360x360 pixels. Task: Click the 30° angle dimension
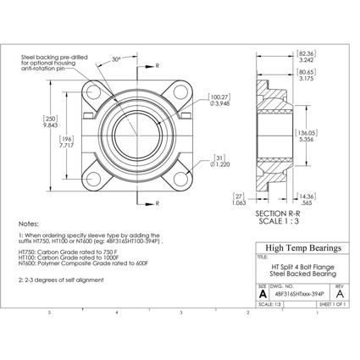pyautogui.click(x=115, y=60)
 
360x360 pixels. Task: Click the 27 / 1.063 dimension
pyautogui.click(x=238, y=199)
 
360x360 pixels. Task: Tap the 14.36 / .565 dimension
pyautogui.click(x=307, y=199)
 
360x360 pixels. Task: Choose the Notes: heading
pyautogui.click(x=28, y=218)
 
